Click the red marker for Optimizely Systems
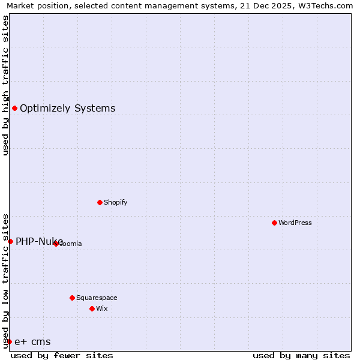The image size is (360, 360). pyautogui.click(x=14, y=108)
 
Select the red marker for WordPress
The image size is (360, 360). pyautogui.click(x=274, y=223)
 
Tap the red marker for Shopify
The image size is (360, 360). pyautogui.click(x=100, y=202)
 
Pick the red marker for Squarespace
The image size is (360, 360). pyautogui.click(x=72, y=298)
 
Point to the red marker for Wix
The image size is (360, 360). pyautogui.click(x=92, y=308)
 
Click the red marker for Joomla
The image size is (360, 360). pyautogui.click(x=56, y=244)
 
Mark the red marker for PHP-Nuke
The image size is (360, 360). pyautogui.click(x=10, y=241)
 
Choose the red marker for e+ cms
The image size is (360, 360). pyautogui.click(x=9, y=341)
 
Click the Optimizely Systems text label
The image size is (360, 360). pyautogui.click(x=67, y=109)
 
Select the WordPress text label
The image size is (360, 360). pyautogui.click(x=295, y=223)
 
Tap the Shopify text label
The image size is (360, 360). pyautogui.click(x=115, y=202)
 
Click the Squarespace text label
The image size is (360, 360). pyautogui.click(x=97, y=298)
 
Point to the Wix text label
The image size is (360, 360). pyautogui.click(x=101, y=308)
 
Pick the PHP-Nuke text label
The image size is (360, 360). pyautogui.click(x=39, y=241)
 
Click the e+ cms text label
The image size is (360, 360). pyautogui.click(x=32, y=342)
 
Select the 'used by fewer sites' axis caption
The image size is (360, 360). pyautogui.click(x=62, y=355)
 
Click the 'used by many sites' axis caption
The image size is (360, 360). pyautogui.click(x=301, y=355)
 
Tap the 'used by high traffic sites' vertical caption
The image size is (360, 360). pyautogui.click(x=5, y=85)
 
